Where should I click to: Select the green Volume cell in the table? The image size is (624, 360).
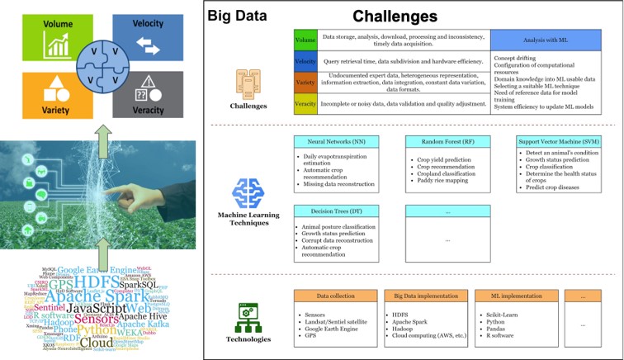(305, 39)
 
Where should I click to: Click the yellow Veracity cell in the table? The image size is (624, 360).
(305, 103)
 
